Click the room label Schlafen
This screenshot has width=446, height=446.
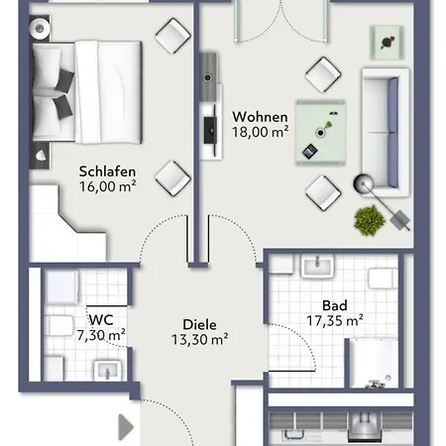(x=107, y=171)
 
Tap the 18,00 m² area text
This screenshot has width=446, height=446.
(x=261, y=132)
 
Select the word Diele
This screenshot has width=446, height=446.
(x=199, y=324)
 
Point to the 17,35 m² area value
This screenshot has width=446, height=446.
(x=335, y=320)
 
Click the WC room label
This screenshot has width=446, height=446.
(x=101, y=320)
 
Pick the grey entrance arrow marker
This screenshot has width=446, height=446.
(x=126, y=427)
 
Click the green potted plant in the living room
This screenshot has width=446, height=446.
(x=370, y=220)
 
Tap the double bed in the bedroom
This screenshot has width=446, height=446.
(x=87, y=92)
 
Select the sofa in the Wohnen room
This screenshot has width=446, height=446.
(x=386, y=133)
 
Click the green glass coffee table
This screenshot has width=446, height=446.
(x=320, y=132)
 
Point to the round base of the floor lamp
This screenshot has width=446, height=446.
(x=364, y=183)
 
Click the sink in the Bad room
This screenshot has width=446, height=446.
(x=317, y=267)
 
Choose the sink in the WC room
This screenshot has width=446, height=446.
(x=108, y=371)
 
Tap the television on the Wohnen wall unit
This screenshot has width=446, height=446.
(x=211, y=130)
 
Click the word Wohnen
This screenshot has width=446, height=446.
(x=260, y=117)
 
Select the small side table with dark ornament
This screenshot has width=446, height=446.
(x=388, y=43)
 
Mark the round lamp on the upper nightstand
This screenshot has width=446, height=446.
(x=40, y=29)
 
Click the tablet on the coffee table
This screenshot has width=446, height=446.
(x=310, y=152)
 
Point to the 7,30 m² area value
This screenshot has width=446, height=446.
(x=101, y=335)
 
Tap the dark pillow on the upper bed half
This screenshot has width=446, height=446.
(x=64, y=80)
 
